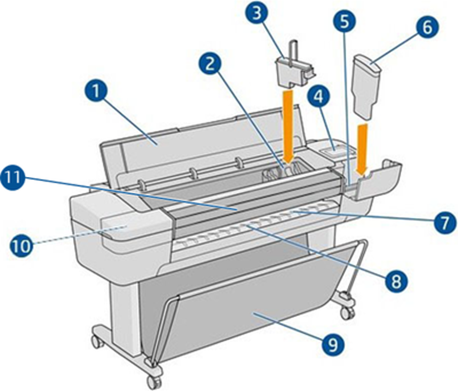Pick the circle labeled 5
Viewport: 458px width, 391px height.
345,21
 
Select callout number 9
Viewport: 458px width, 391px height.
333,344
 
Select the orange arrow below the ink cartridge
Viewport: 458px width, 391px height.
362,149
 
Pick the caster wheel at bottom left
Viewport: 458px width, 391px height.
98,341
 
